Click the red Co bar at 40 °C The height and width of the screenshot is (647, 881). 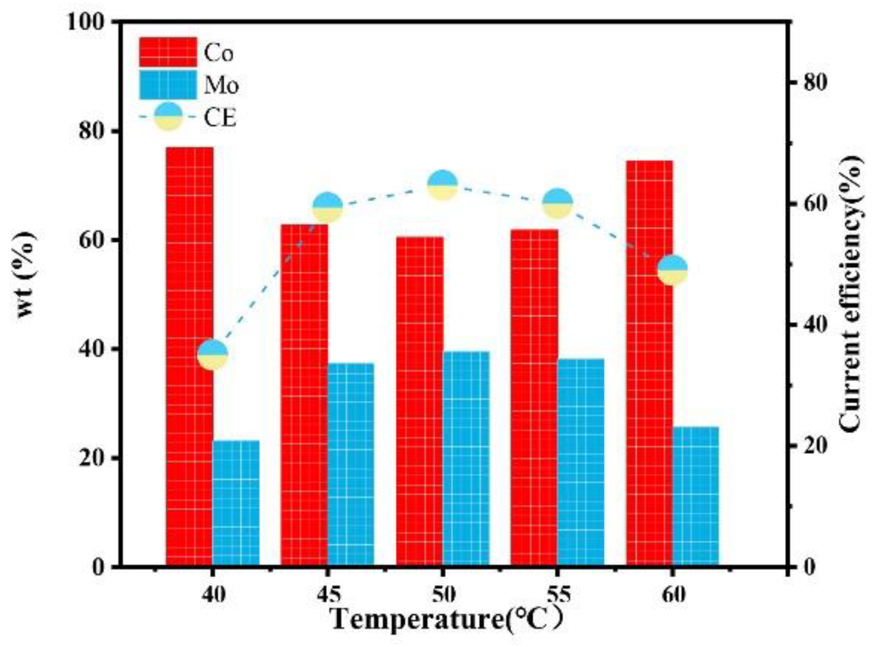[189, 357]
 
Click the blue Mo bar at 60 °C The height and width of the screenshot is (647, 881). [696, 497]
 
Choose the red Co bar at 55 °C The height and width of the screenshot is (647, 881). [534, 398]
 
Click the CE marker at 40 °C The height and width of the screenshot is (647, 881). [212, 355]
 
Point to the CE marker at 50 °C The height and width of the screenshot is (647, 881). [442, 185]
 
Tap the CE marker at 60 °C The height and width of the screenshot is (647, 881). [673, 269]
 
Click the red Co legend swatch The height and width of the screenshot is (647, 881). [168, 52]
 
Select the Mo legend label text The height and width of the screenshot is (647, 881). [221, 86]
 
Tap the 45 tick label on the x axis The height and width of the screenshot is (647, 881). [327, 595]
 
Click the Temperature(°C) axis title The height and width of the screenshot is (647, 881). [446, 620]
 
